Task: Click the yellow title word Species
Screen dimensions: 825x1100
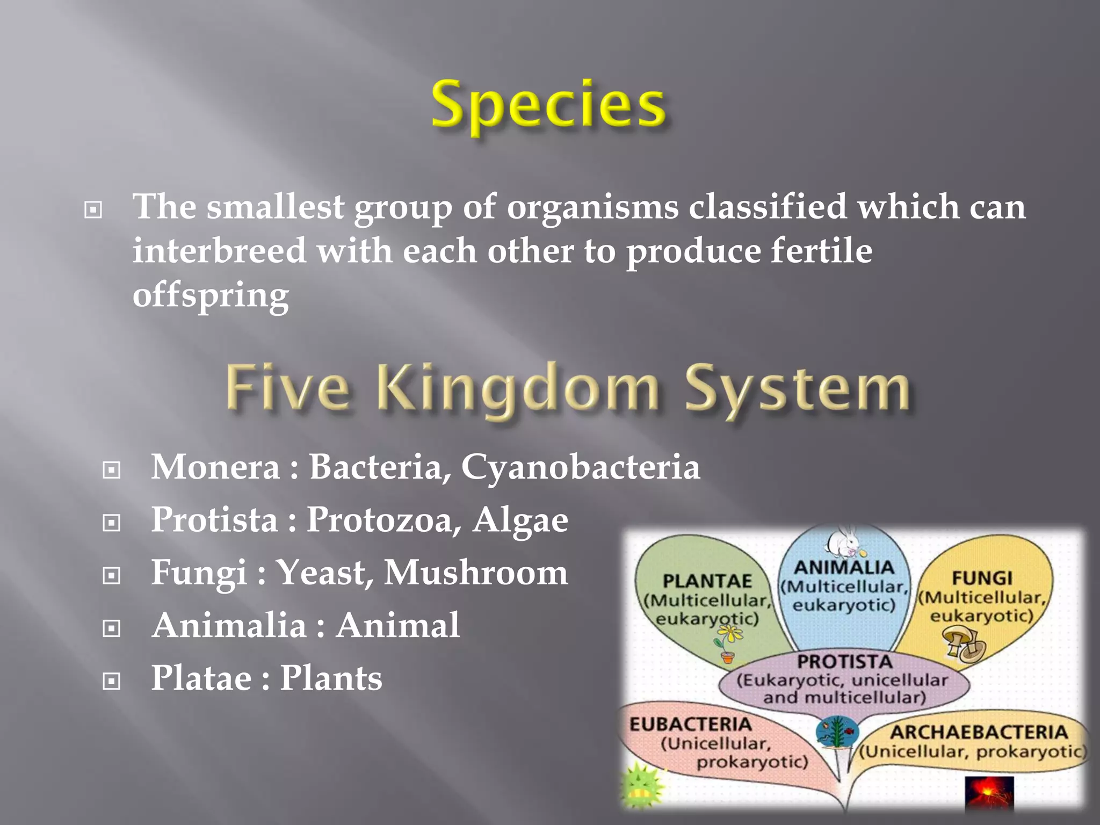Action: [549, 105]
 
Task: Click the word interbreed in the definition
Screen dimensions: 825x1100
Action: [219, 251]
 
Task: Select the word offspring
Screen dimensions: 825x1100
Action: [211, 296]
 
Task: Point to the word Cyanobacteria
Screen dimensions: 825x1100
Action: [580, 466]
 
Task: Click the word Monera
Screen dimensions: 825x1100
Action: [215, 466]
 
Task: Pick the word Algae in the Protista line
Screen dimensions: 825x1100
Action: [520, 519]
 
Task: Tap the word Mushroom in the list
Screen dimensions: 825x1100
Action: [476, 572]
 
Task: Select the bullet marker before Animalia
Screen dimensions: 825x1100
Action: [111, 628]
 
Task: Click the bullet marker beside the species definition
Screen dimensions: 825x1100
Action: [93, 209]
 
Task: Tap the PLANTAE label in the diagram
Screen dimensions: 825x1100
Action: [707, 581]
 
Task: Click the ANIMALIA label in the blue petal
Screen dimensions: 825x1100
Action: [844, 567]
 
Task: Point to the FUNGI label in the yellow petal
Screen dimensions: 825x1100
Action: [982, 578]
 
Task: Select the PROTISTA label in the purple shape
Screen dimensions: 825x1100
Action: [844, 662]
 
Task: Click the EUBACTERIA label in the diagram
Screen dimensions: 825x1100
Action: [690, 725]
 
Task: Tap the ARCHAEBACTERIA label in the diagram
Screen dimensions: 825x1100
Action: [979, 732]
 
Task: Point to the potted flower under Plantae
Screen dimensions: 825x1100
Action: [728, 646]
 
